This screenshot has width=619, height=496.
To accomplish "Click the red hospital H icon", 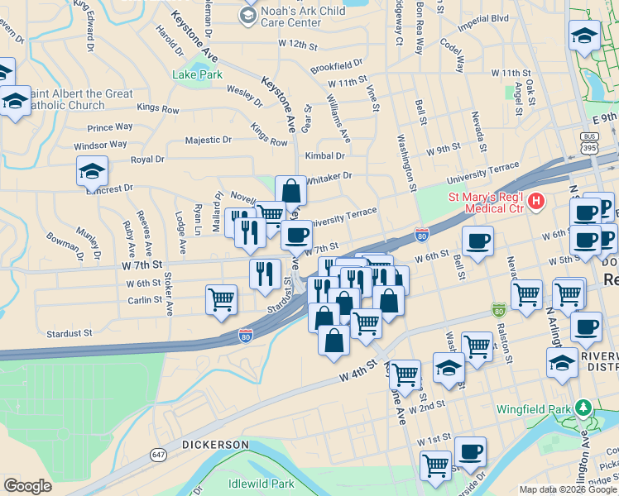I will [x=536, y=200].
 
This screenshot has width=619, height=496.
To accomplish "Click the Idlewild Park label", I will [x=262, y=483].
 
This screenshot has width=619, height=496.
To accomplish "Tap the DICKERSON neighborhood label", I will [x=215, y=445].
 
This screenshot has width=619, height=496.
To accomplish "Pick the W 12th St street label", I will [x=298, y=42].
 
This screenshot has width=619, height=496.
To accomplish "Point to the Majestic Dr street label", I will [x=210, y=141].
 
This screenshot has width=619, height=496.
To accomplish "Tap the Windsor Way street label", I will [x=100, y=145].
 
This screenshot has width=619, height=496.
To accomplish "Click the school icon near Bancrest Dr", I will [x=92, y=170].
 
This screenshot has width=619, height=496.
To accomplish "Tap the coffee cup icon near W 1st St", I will [x=470, y=451].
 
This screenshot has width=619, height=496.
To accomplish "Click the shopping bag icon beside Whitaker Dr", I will [x=290, y=190].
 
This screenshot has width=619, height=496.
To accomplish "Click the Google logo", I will [x=28, y=486].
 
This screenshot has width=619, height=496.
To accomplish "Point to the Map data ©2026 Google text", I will [x=568, y=489].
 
